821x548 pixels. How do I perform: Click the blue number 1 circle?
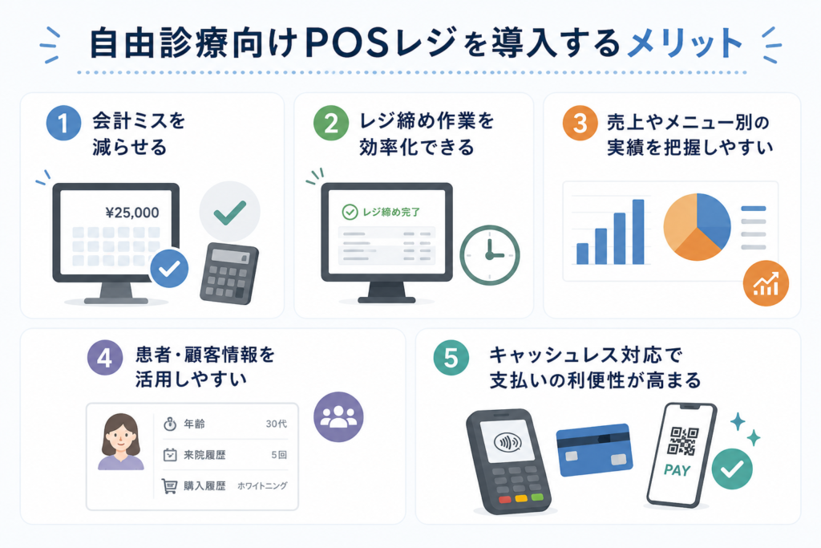[x=63, y=123]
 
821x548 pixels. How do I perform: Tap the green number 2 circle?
[x=331, y=123]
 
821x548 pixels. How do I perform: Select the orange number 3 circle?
[x=580, y=123]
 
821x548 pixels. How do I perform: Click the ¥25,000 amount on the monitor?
[x=132, y=212]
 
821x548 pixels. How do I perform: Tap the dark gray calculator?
[x=229, y=273]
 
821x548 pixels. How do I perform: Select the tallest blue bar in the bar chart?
[x=638, y=232]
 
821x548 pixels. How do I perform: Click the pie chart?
[x=697, y=227]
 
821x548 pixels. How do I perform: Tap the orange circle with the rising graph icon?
[x=766, y=283]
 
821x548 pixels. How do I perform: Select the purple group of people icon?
[x=338, y=416]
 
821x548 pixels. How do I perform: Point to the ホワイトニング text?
[x=262, y=485]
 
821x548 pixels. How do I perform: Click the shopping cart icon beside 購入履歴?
[x=169, y=486]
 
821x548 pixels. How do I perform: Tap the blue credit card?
[x=594, y=449]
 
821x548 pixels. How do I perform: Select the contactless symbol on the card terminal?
[x=508, y=443]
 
